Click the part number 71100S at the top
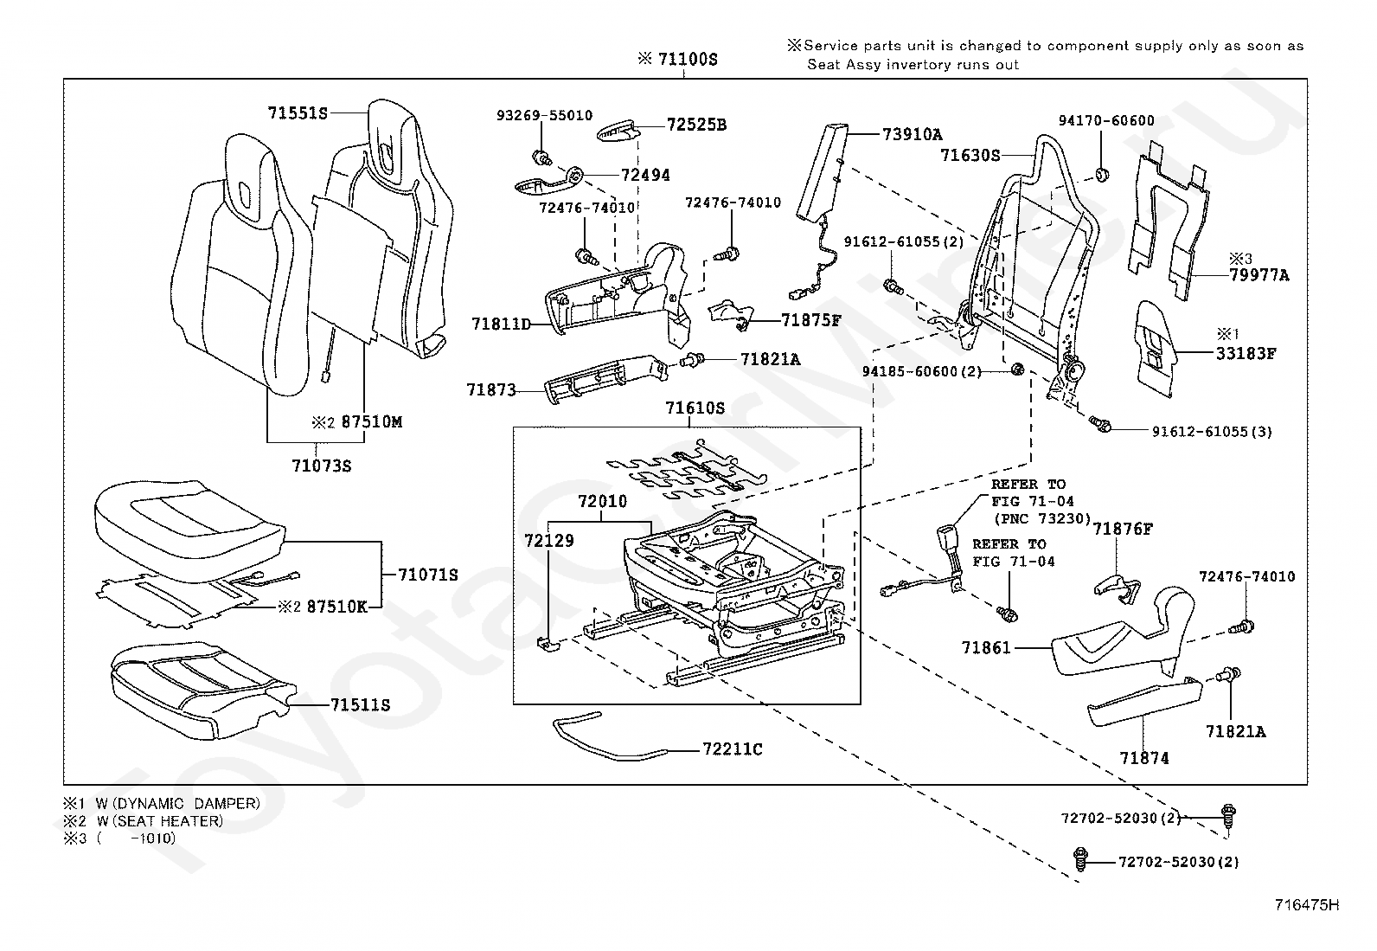click(x=688, y=59)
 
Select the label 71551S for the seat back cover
click(x=298, y=112)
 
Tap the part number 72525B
click(x=696, y=125)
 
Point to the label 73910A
click(x=912, y=134)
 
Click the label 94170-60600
click(x=1106, y=120)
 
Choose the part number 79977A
click(x=1259, y=275)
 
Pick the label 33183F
click(x=1246, y=353)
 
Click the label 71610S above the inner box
click(x=695, y=408)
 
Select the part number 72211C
click(x=732, y=749)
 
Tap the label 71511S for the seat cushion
click(x=360, y=705)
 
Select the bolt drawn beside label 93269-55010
click(x=543, y=157)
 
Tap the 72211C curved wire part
click(x=605, y=740)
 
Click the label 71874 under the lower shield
click(x=1143, y=758)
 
